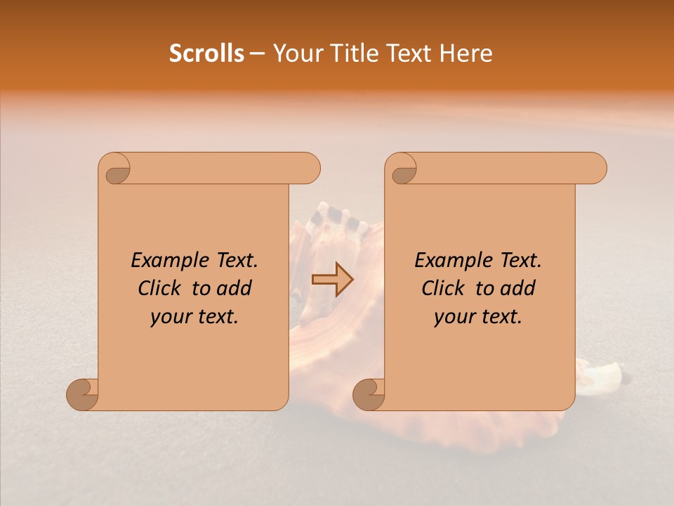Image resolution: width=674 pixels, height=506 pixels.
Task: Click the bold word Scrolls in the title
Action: (x=206, y=53)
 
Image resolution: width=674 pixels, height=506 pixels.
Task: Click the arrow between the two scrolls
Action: (x=333, y=280)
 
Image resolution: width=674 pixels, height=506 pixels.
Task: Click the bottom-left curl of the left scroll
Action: (x=83, y=395)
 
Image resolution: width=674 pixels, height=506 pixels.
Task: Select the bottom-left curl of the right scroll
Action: (x=369, y=395)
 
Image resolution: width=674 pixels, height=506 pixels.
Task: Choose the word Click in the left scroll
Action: (x=161, y=289)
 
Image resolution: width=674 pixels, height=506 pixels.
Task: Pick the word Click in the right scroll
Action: (x=444, y=289)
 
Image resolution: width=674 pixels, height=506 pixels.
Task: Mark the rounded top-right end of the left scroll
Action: (x=309, y=169)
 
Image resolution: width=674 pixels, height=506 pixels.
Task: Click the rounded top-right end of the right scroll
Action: (x=595, y=169)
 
